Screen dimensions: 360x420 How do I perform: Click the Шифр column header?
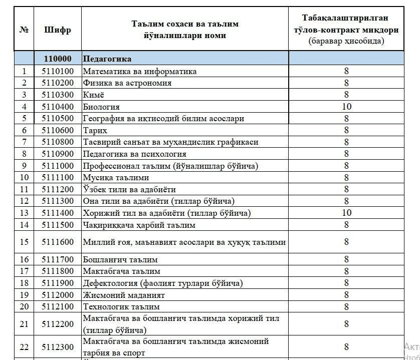[x=57, y=30]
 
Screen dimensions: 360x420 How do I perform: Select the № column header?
[x=24, y=30]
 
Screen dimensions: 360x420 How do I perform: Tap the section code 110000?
[x=57, y=59]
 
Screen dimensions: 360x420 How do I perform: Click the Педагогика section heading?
[x=107, y=59]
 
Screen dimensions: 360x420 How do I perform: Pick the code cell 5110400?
[x=57, y=107]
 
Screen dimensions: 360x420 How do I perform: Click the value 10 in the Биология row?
[x=346, y=107]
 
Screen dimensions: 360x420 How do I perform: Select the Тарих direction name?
[x=92, y=130]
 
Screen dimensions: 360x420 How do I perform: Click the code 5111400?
[x=57, y=213]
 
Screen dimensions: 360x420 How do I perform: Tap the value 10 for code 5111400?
[x=346, y=213]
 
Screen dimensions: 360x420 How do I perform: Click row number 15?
[x=24, y=242]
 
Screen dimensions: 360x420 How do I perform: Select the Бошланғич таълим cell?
[x=120, y=259]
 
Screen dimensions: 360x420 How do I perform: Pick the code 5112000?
[x=57, y=295]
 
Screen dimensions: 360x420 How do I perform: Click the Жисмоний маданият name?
[x=124, y=295]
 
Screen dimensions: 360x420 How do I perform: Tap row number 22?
[x=24, y=347]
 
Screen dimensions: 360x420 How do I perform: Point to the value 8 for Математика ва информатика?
[x=346, y=71]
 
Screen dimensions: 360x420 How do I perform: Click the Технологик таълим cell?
[x=121, y=306]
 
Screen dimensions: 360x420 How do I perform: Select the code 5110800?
[x=57, y=142]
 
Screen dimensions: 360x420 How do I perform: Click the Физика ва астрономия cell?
[x=127, y=83]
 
